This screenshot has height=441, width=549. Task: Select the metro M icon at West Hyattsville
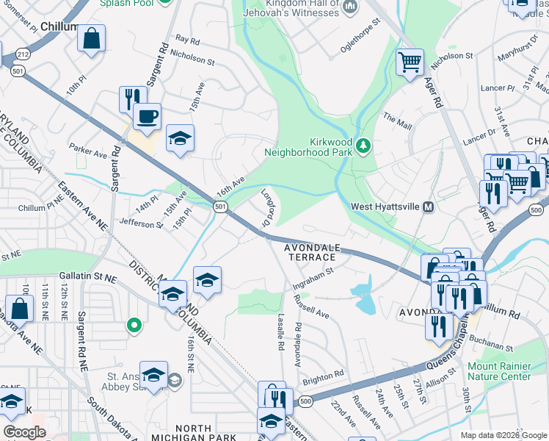point(426,207)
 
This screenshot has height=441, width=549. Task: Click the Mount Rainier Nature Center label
point(499,371)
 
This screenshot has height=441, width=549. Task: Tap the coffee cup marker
point(147,115)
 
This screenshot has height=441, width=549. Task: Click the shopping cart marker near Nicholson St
point(410,61)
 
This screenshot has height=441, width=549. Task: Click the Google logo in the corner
point(24,432)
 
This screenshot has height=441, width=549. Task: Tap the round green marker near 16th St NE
point(134,324)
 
